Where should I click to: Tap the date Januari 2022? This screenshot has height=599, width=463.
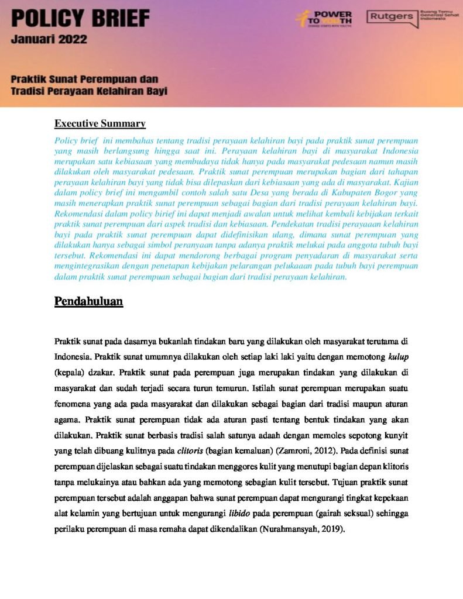(49, 40)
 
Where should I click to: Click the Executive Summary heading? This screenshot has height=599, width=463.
(100, 123)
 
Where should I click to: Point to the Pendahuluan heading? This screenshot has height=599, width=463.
(88, 301)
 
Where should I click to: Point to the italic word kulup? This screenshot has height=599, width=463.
(398, 356)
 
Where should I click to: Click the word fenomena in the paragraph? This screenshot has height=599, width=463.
(74, 403)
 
